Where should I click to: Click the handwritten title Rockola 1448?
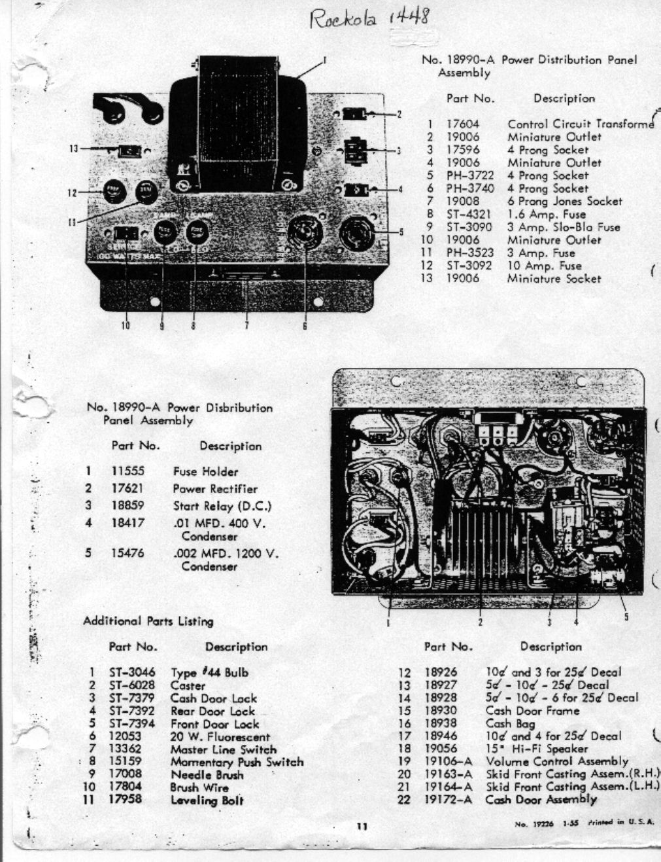(x=369, y=18)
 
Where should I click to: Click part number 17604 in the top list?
(x=463, y=124)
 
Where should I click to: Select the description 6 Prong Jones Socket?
(x=565, y=202)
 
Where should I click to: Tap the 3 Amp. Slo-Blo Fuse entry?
(x=564, y=227)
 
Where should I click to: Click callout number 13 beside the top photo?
(x=74, y=149)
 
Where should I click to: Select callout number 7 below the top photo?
(x=246, y=325)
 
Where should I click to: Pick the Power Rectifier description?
(x=215, y=488)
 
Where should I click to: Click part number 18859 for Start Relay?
(x=127, y=506)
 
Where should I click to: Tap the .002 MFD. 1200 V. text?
(x=226, y=554)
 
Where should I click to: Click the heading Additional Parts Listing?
(x=148, y=621)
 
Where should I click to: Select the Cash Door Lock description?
(x=214, y=698)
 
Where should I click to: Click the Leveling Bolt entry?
(x=207, y=800)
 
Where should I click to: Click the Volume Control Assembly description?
(x=557, y=761)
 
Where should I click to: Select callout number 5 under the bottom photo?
(x=626, y=617)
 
